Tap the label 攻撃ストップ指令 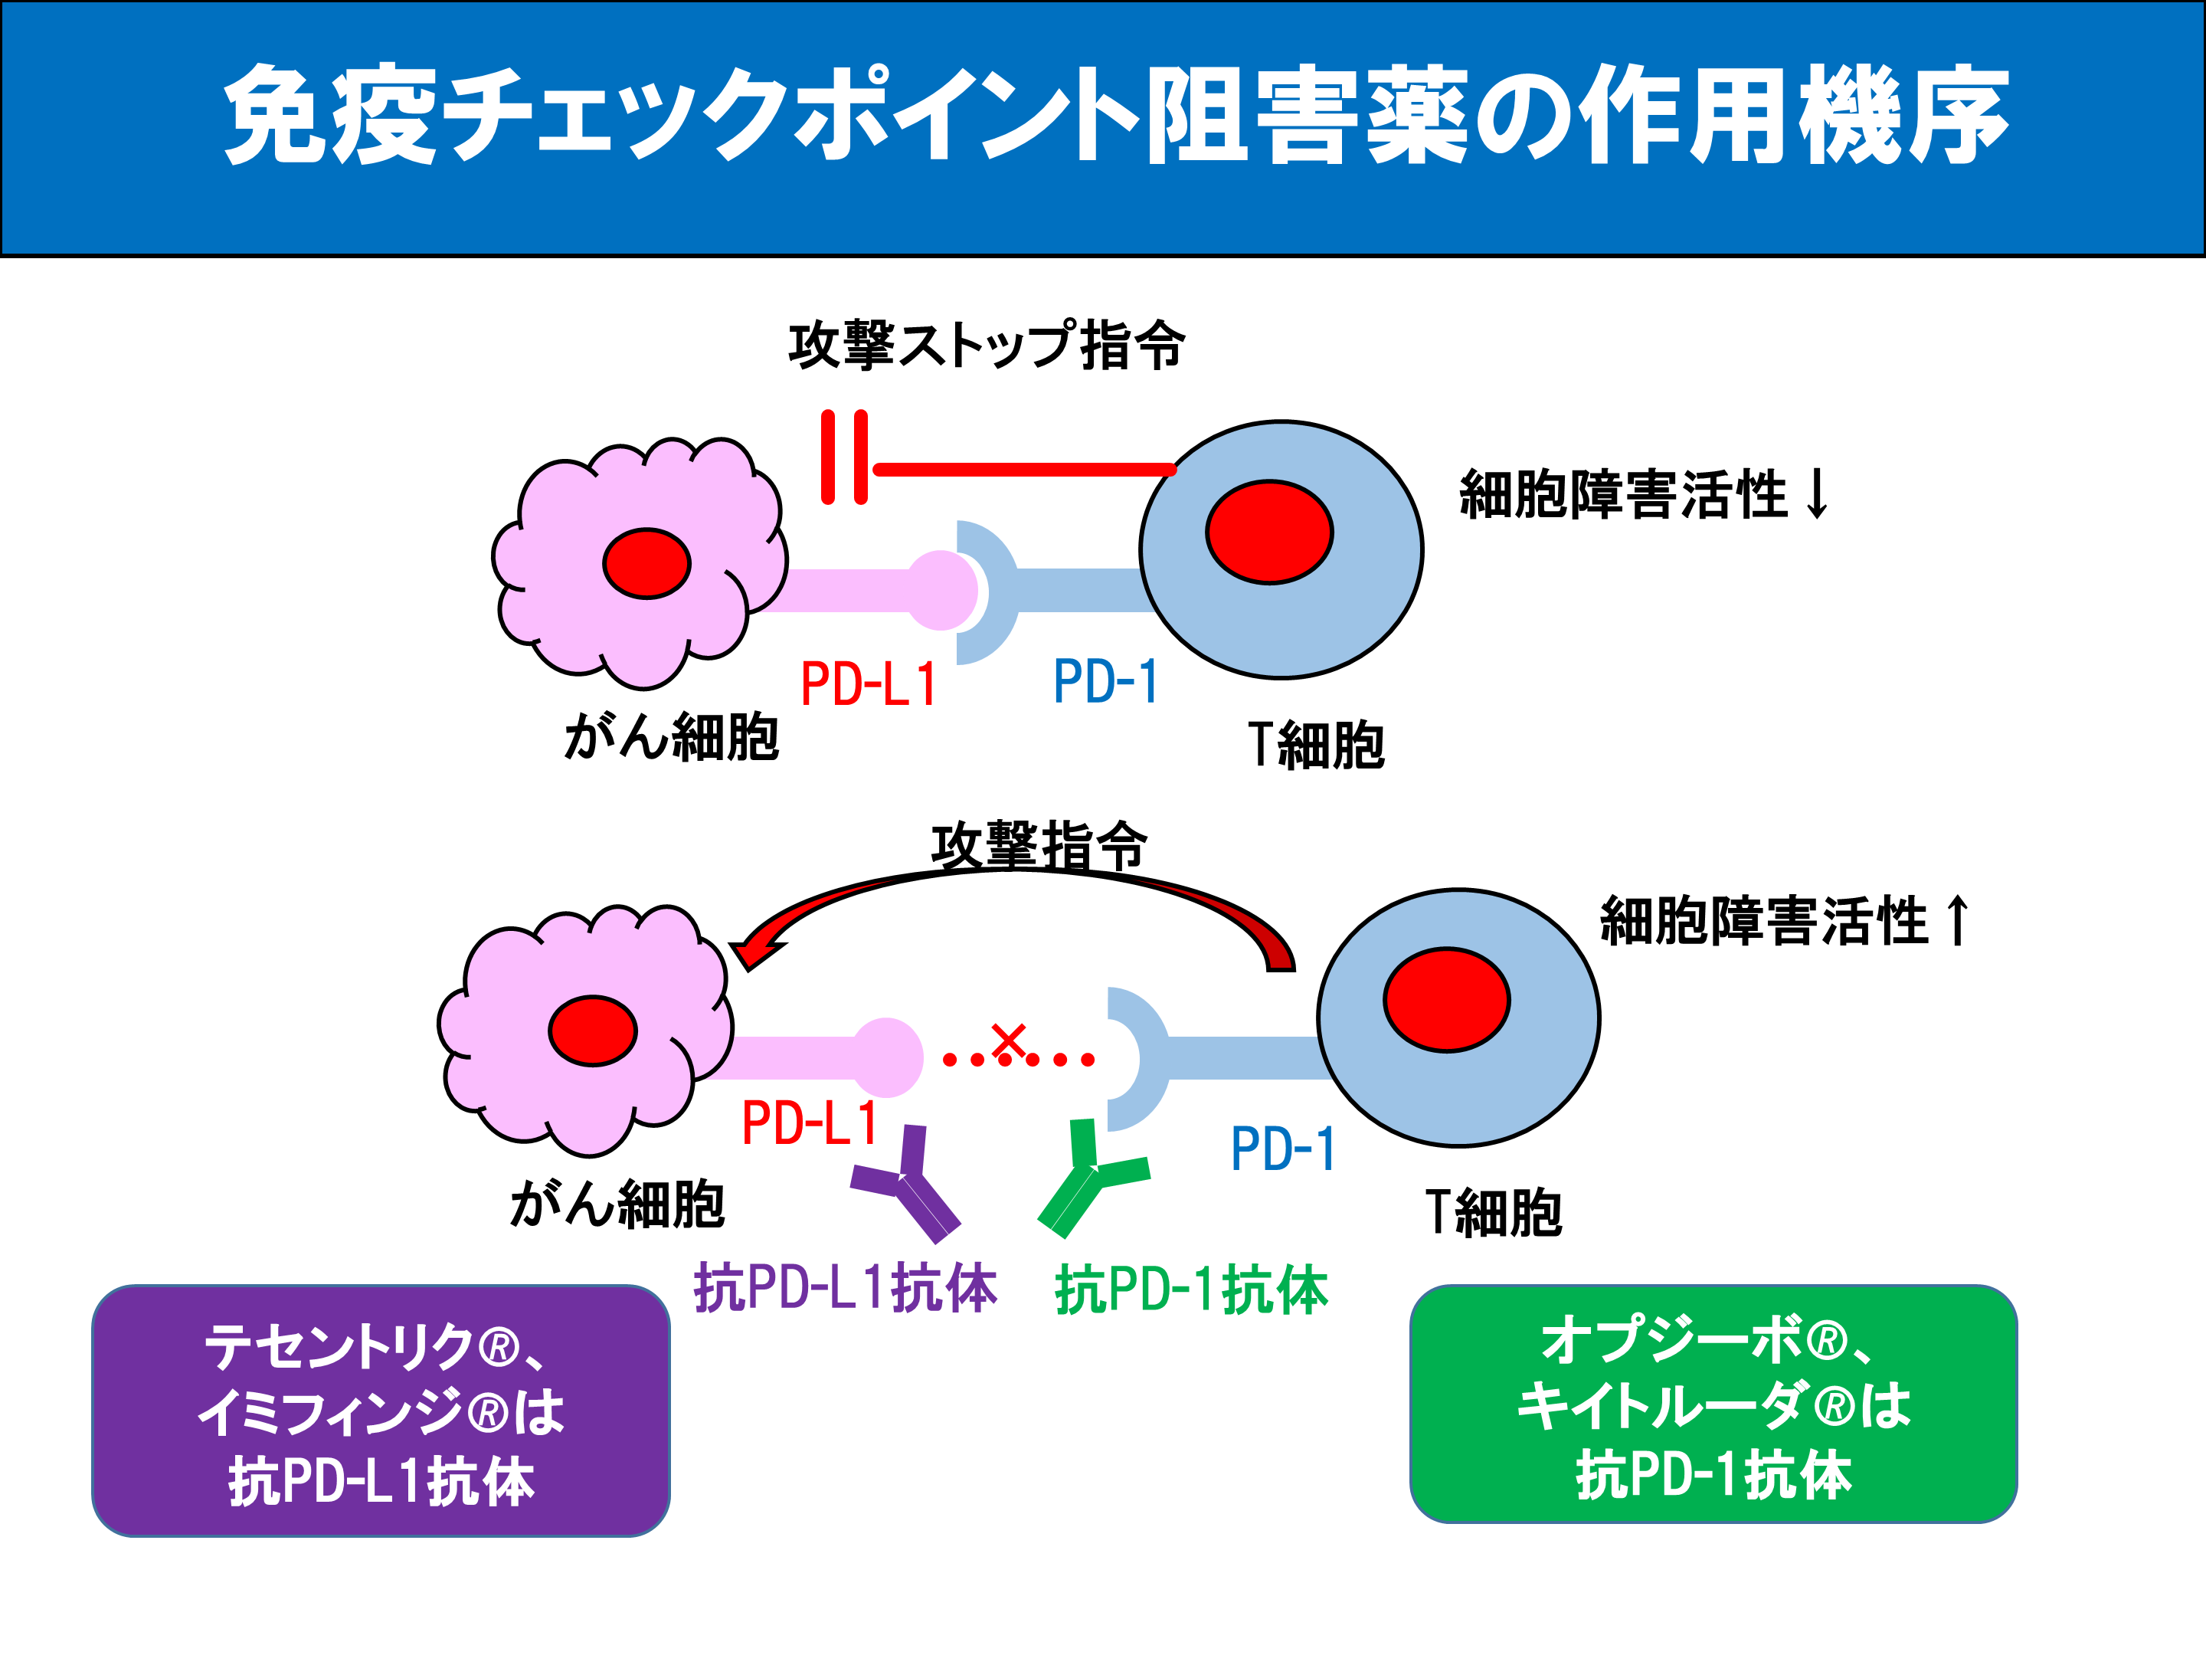(x=987, y=346)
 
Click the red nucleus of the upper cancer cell (x=646, y=564)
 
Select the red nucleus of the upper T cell (x=1268, y=532)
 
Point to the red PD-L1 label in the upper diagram (x=869, y=685)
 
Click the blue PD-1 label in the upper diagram (x=1105, y=683)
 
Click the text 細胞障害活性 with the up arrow (x=1783, y=921)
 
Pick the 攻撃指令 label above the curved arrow (x=1038, y=846)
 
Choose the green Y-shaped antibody (x=1089, y=1179)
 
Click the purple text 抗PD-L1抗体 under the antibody (x=846, y=1288)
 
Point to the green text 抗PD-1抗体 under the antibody (x=1192, y=1290)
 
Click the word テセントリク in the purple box (x=337, y=1348)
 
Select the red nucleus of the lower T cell (x=1446, y=1000)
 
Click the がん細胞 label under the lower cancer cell (x=617, y=1204)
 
